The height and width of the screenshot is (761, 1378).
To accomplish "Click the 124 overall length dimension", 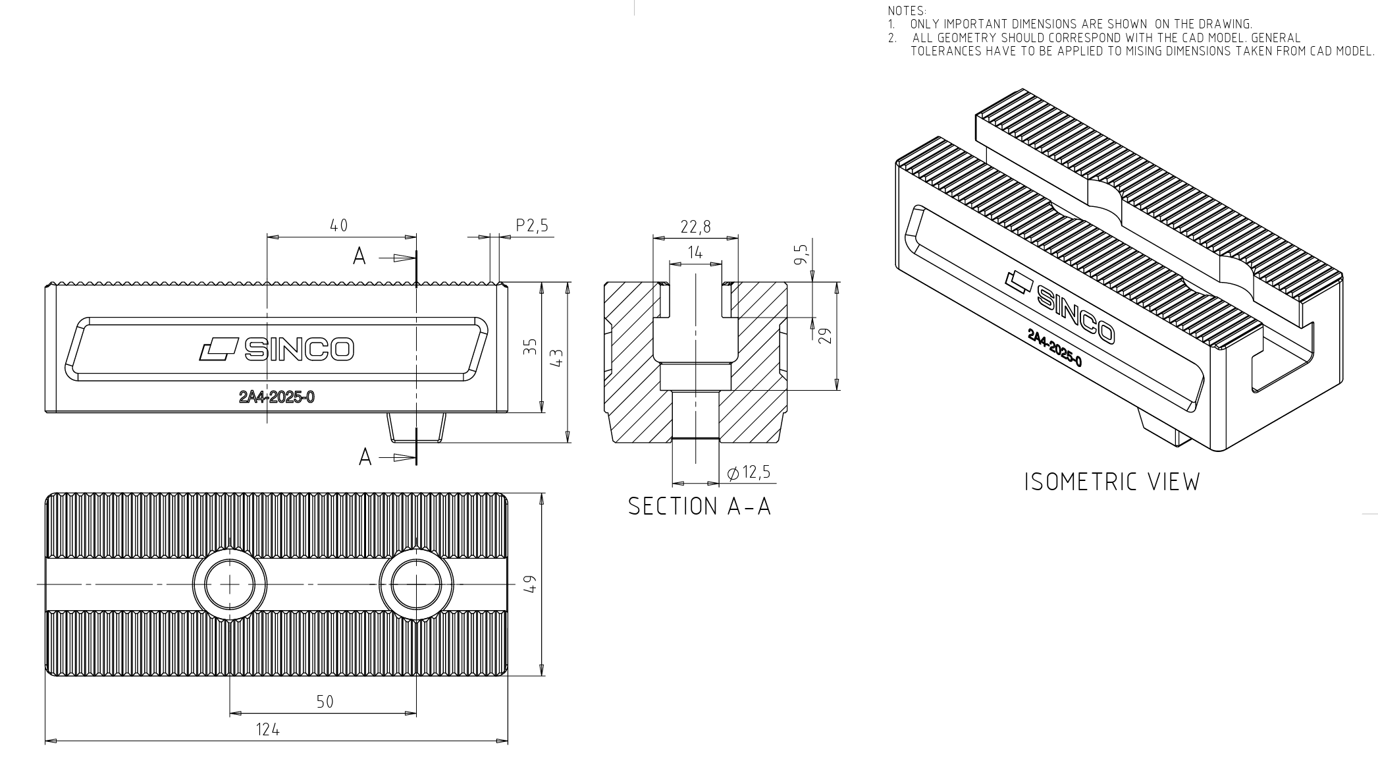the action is point(267,729).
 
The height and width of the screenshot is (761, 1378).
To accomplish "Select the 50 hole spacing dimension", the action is point(325,702).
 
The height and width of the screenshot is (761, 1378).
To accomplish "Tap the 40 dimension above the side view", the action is point(338,225).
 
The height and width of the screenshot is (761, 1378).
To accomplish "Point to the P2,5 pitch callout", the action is point(532,225).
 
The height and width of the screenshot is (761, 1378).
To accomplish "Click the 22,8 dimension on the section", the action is point(696,227).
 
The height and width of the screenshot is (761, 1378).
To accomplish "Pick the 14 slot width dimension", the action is point(695,252).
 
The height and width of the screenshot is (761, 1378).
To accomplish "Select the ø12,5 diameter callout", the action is point(749,472).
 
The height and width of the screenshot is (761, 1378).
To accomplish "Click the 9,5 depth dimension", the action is point(801,254).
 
